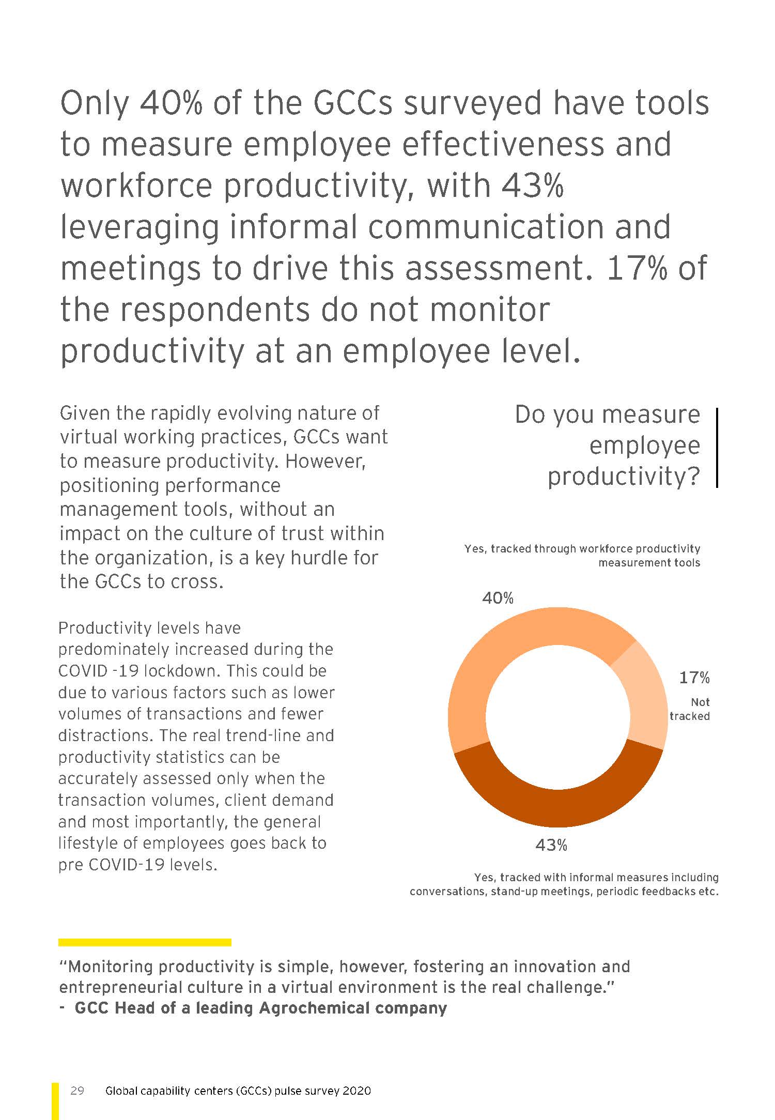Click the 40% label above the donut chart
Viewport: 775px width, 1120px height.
(498, 598)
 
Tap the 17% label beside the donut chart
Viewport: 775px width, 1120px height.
(694, 677)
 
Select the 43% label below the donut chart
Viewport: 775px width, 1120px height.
(551, 845)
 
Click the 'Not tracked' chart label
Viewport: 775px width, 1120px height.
(690, 709)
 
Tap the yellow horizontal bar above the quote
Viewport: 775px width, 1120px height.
(145, 942)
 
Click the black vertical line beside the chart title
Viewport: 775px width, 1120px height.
(717, 447)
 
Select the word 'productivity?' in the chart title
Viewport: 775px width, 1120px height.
(624, 476)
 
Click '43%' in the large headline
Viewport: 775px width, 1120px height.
(532, 186)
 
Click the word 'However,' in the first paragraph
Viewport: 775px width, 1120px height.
(325, 461)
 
